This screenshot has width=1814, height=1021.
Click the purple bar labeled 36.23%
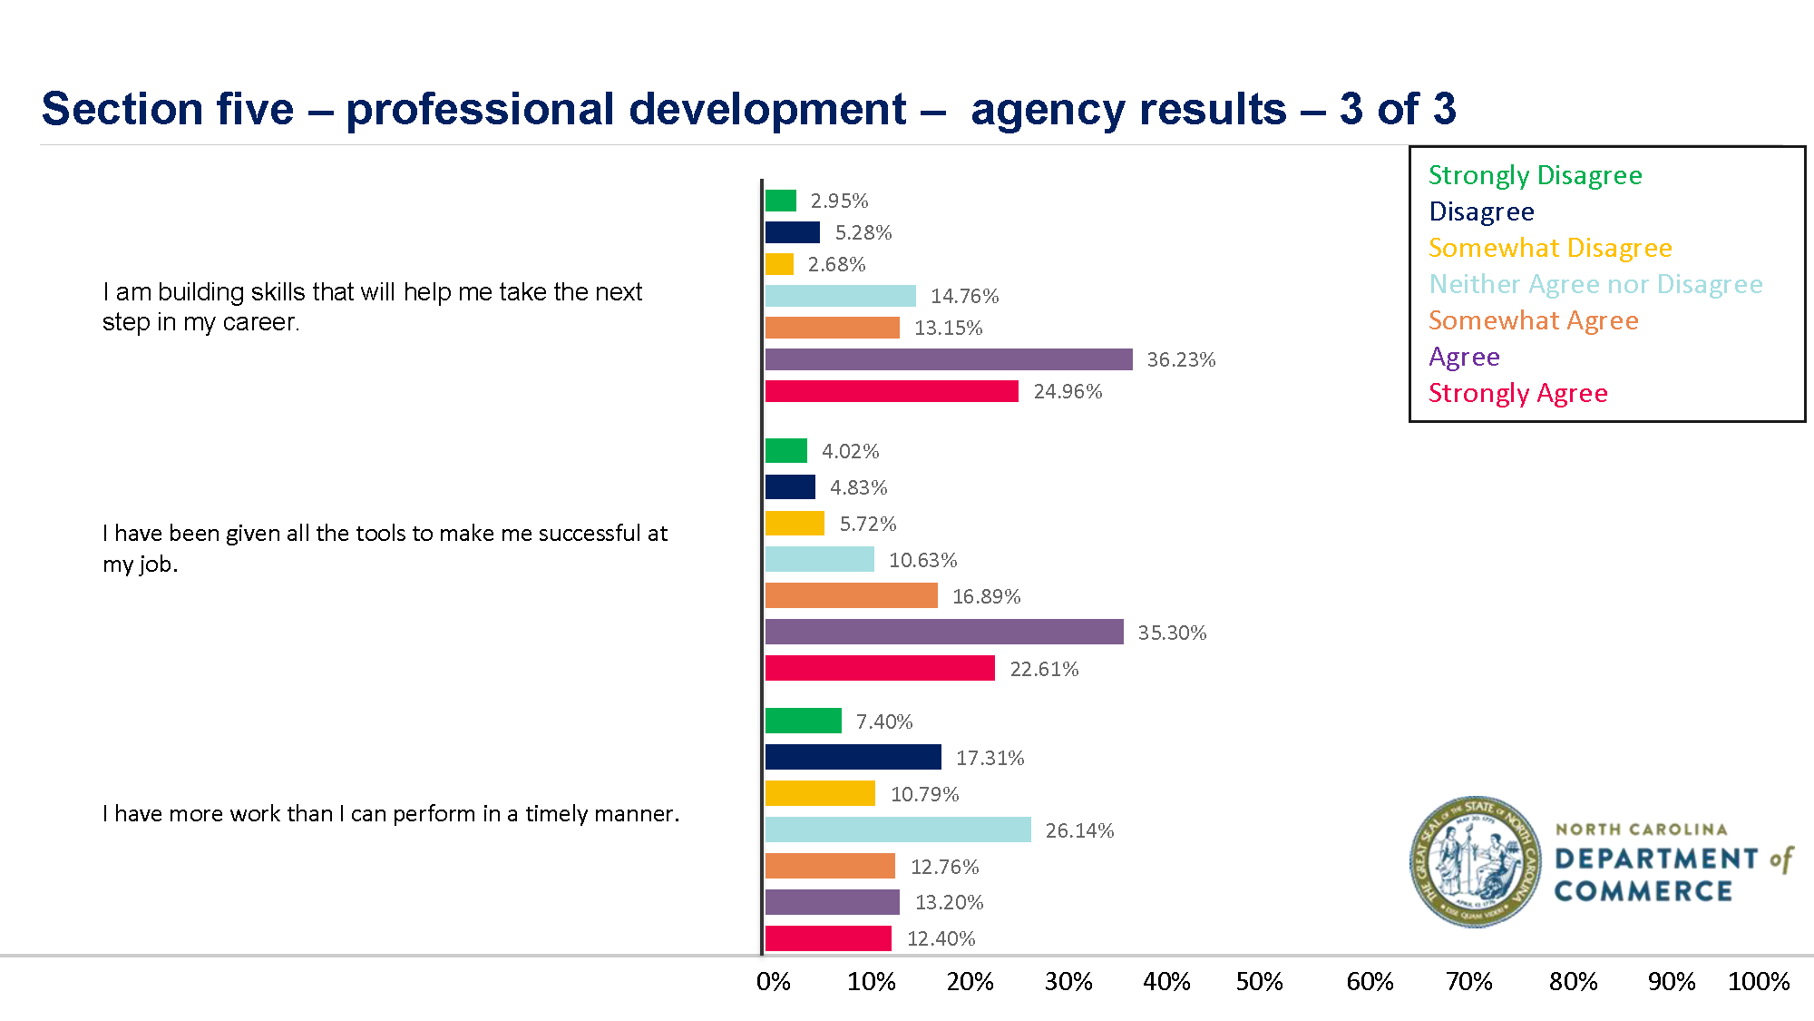[949, 359]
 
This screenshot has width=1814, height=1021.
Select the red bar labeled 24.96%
[892, 391]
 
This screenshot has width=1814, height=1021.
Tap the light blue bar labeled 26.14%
[898, 830]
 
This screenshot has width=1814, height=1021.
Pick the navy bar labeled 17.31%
[853, 757]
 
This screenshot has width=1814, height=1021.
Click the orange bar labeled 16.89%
[851, 595]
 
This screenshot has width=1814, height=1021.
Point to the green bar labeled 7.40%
[803, 721]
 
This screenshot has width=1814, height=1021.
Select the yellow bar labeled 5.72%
[795, 524]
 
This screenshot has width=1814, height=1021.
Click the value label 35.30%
[1172, 633]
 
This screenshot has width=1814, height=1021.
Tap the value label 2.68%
[836, 264]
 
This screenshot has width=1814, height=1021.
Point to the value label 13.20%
[949, 902]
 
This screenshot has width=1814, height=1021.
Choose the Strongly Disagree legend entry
[1535, 175]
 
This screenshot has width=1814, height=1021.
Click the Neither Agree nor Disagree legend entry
[1595, 284]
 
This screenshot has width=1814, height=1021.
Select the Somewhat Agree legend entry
[1533, 320]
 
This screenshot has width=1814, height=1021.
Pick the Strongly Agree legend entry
[1517, 393]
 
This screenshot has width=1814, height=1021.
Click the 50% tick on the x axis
[1259, 981]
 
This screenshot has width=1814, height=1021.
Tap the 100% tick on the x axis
[1758, 981]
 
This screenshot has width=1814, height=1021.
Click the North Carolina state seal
[1475, 861]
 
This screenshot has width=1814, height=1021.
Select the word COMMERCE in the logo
[1643, 891]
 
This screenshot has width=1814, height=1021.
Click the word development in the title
[766, 109]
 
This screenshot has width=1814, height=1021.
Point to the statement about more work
[390, 813]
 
